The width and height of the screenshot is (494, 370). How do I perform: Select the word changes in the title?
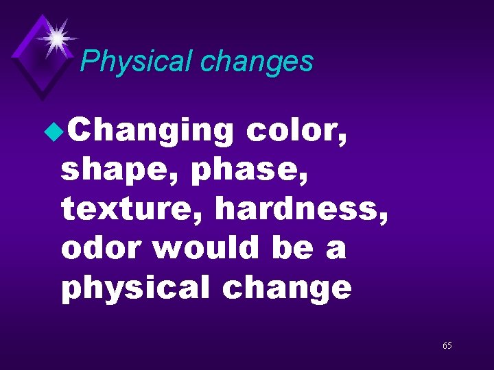click(x=257, y=62)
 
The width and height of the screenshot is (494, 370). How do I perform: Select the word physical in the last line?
click(x=135, y=287)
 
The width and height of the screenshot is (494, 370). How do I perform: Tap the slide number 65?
click(x=447, y=346)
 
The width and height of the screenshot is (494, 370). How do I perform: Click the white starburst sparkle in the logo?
click(x=57, y=38)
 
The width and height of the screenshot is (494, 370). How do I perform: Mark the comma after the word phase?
click(x=304, y=180)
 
